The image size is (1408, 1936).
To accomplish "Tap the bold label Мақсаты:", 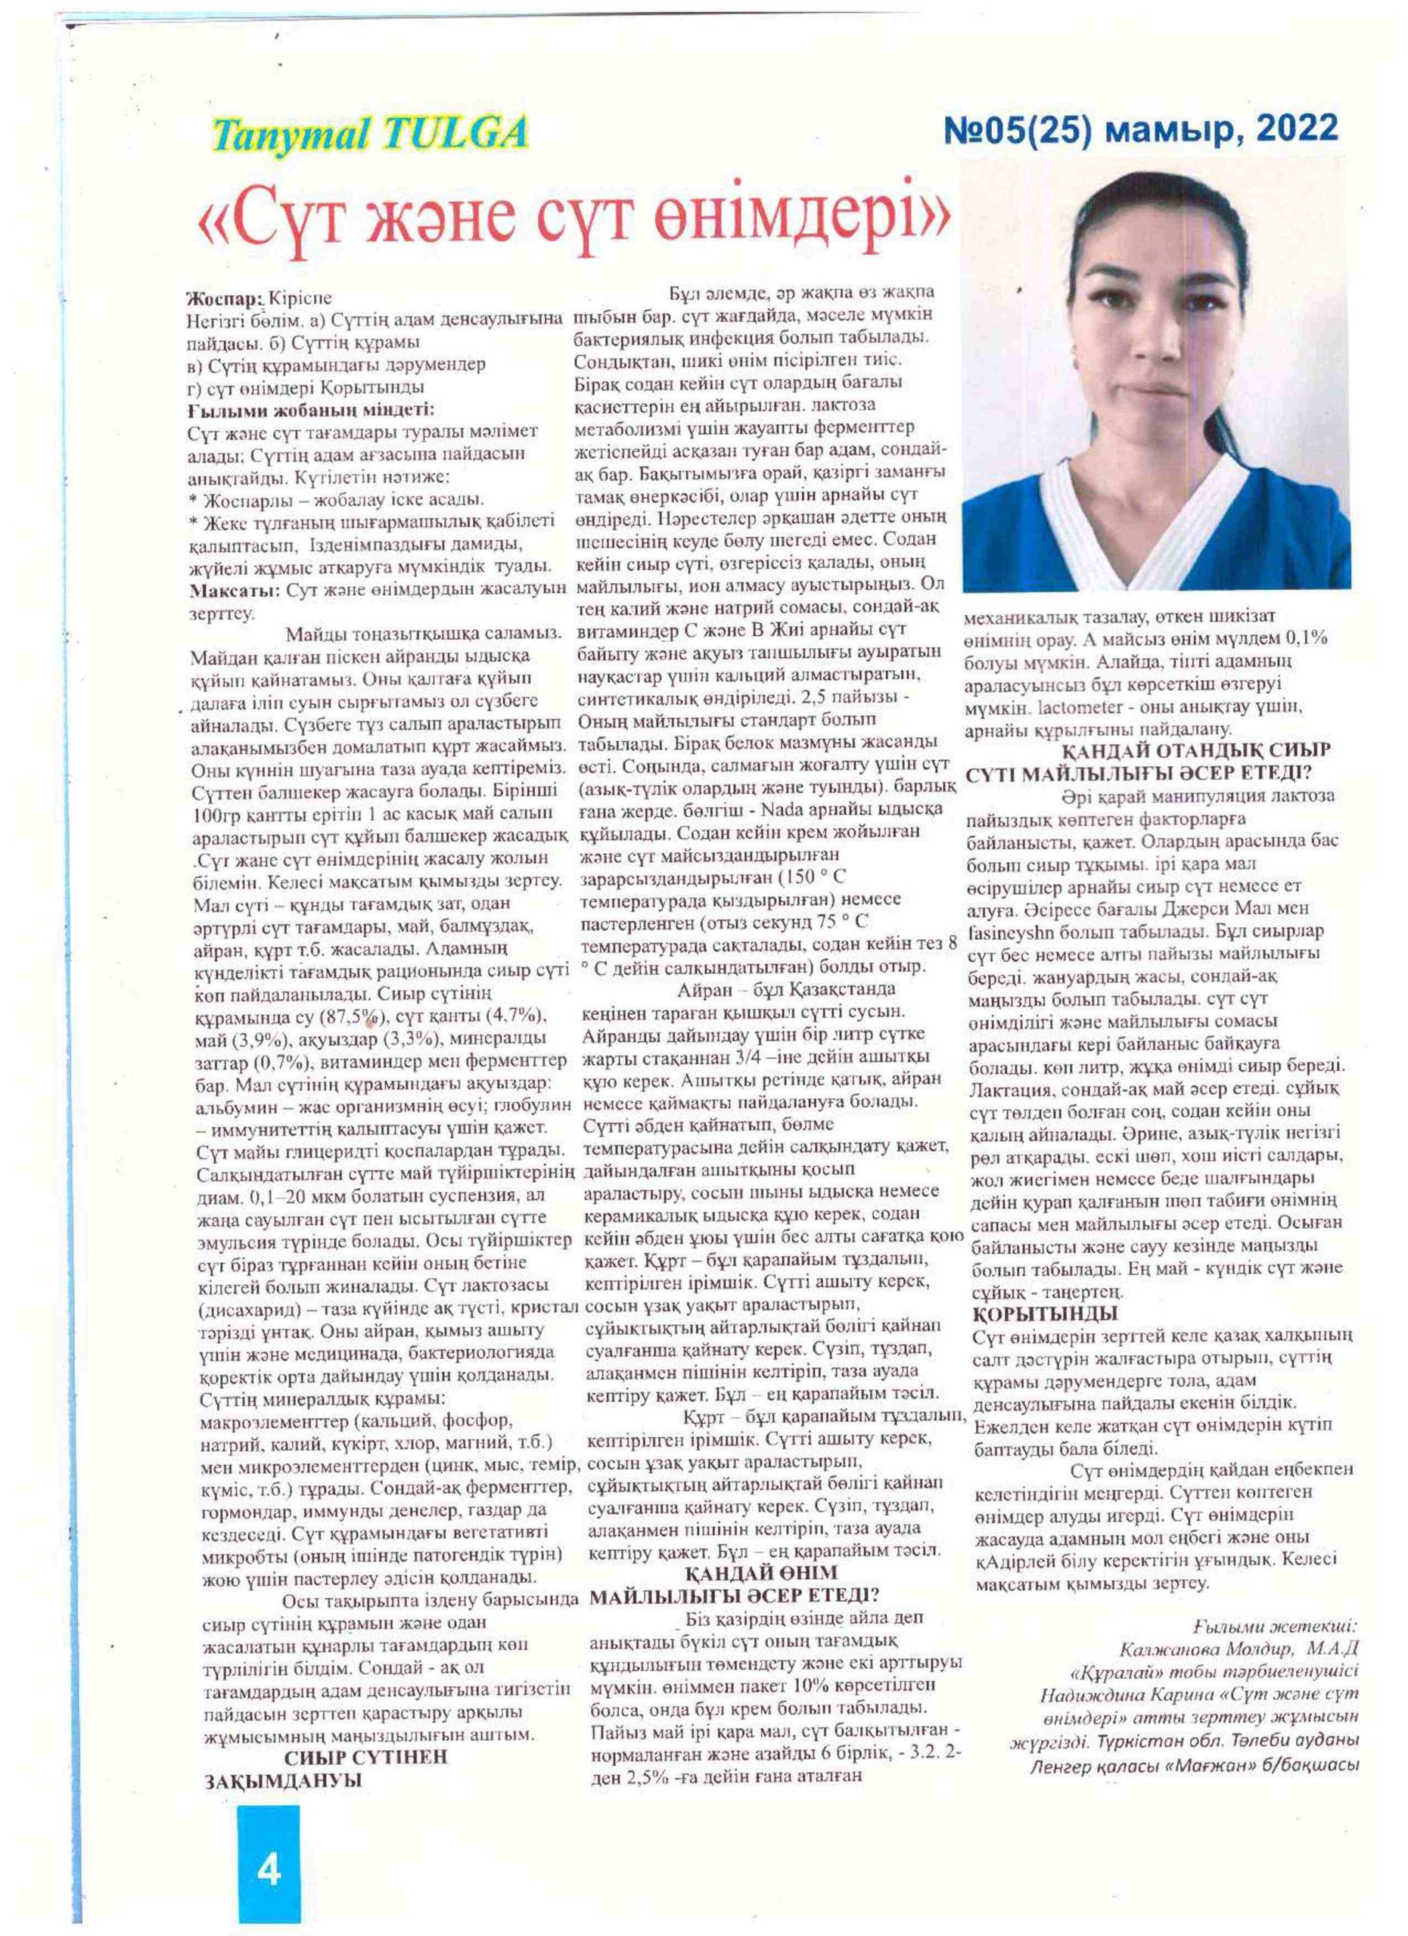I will [x=234, y=589].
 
